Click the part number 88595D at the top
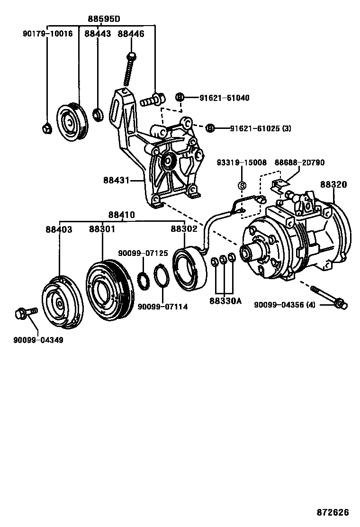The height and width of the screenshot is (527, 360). click(x=104, y=19)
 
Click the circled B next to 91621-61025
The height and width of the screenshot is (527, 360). click(x=211, y=128)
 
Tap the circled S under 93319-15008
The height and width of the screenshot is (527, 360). click(x=241, y=185)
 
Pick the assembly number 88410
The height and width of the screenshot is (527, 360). click(x=121, y=215)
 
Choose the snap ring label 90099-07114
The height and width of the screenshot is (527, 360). click(x=162, y=307)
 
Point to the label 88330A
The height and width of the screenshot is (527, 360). click(x=223, y=301)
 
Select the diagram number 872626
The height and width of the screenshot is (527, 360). click(x=333, y=512)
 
